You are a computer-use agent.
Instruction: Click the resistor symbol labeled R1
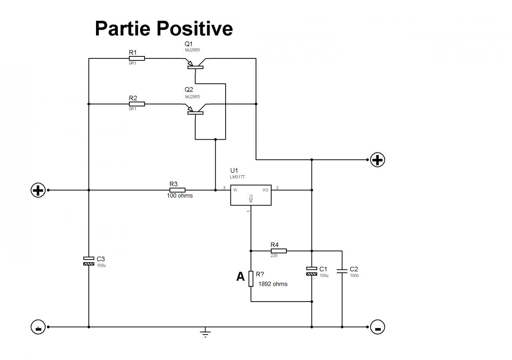pos(137,58)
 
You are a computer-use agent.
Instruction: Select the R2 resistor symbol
pos(137,104)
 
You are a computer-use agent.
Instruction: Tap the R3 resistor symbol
pos(177,190)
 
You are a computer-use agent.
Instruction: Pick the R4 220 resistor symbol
pos(278,251)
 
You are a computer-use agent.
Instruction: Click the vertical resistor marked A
pos(251,278)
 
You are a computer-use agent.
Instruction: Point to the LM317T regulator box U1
pos(251,195)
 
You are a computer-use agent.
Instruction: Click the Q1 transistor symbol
pos(195,64)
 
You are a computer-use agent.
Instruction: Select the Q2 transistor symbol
pos(195,110)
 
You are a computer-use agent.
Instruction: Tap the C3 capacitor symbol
pos(89,261)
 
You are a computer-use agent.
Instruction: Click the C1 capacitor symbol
pos(312,271)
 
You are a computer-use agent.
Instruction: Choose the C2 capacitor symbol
pos(342,271)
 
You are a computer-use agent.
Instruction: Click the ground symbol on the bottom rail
pos(205,332)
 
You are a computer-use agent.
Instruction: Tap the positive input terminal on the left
pos(38,190)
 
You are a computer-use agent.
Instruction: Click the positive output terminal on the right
pos(377,160)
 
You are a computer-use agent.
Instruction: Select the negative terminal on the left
pos(38,327)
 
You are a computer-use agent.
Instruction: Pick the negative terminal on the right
pos(377,327)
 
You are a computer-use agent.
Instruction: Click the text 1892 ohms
pos(273,284)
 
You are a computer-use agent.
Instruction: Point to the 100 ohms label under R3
pos(180,196)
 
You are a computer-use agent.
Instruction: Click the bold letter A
pos(240,276)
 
